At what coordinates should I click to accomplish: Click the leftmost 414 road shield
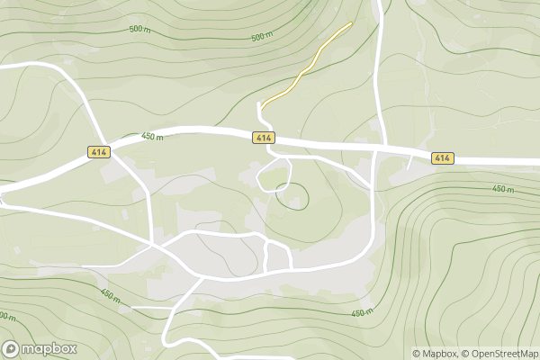click(99, 153)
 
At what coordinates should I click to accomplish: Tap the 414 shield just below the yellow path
click(263, 138)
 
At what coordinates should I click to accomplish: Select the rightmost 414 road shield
click(441, 158)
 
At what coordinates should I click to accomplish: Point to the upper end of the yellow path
click(350, 23)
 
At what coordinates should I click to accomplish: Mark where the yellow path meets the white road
click(261, 102)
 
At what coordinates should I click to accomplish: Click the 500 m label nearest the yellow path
click(262, 37)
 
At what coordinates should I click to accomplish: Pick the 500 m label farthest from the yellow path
click(139, 30)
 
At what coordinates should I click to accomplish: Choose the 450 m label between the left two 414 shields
click(152, 137)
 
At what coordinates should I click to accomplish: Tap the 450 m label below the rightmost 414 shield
click(503, 189)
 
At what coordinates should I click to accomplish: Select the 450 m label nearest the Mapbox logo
click(110, 295)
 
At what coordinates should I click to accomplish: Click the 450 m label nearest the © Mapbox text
click(361, 312)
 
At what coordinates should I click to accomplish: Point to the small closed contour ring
click(292, 196)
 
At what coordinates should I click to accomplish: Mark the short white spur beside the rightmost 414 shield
click(411, 161)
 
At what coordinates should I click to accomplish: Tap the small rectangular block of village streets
click(278, 255)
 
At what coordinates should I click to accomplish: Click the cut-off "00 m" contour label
click(7, 317)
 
